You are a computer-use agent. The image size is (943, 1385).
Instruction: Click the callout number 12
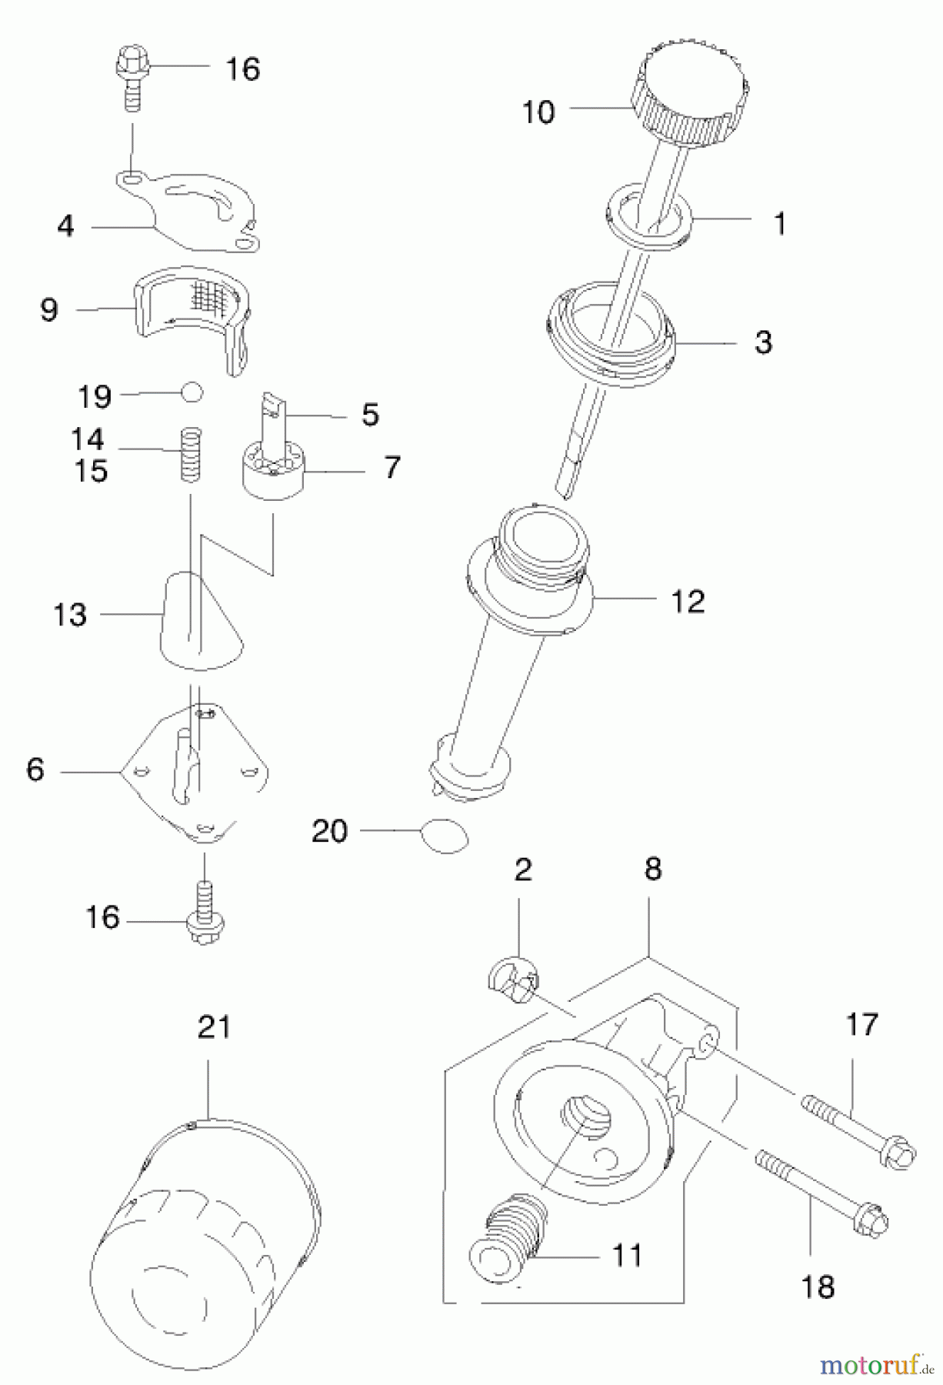(x=688, y=601)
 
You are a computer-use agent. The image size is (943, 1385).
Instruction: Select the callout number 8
(x=652, y=869)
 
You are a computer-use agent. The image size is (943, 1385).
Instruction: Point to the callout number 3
(x=762, y=342)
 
